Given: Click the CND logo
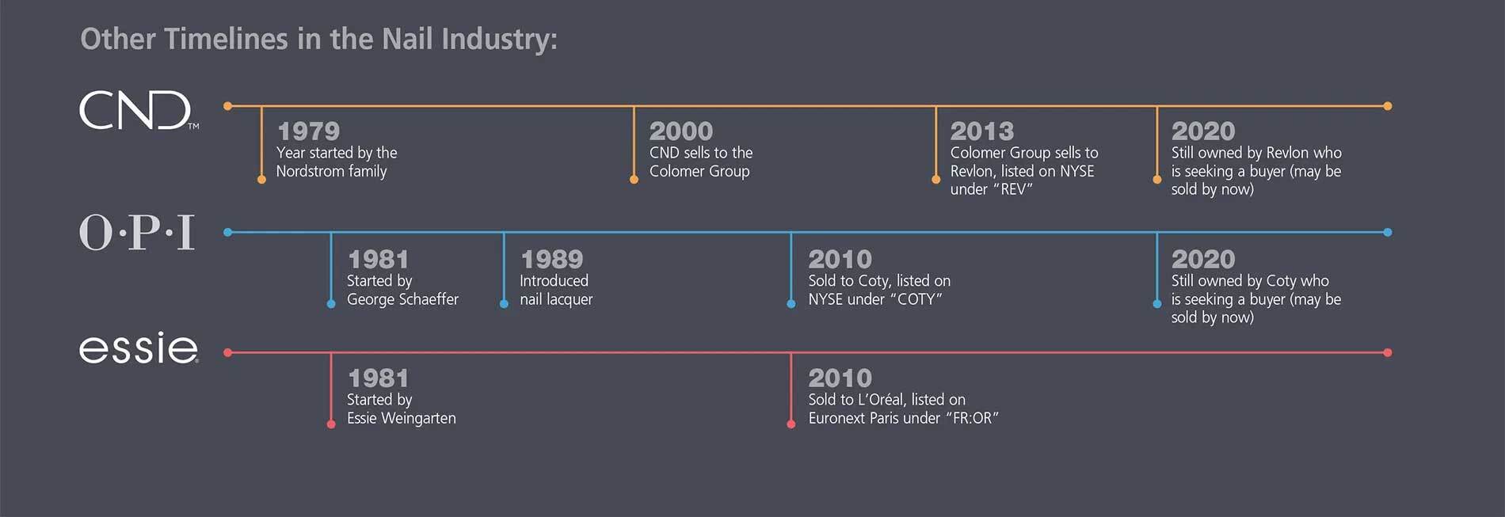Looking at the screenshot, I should click(136, 110).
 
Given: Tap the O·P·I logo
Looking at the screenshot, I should click(137, 233).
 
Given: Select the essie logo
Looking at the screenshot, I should click(138, 348).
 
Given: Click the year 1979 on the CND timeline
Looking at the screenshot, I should click(308, 131).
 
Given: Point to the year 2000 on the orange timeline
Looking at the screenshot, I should click(680, 131).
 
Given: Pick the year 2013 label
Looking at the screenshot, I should click(981, 131).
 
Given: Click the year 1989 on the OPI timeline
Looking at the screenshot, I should click(551, 259).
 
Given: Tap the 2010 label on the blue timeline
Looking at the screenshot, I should click(840, 259).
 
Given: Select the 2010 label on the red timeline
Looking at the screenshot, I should click(840, 378).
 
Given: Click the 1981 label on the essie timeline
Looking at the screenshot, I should click(378, 378).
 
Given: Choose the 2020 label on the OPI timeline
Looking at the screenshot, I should click(1202, 259).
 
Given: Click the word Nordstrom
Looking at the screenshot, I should click(311, 172).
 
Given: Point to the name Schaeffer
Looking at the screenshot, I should click(430, 299).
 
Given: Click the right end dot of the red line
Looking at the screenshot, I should click(1387, 352).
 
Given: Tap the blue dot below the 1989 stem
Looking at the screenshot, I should click(504, 304).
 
